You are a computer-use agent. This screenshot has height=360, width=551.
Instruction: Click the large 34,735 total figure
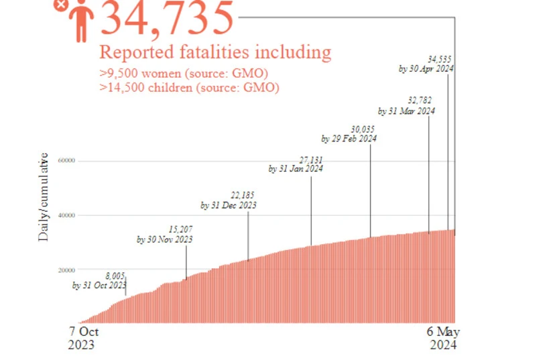(168, 18)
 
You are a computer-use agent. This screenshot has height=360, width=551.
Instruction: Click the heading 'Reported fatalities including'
(215, 52)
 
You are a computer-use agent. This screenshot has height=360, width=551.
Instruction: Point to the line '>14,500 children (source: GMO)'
(189, 87)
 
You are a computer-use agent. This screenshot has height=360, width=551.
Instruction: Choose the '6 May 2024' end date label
(444, 339)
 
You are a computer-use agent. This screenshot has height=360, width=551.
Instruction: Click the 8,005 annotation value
(115, 276)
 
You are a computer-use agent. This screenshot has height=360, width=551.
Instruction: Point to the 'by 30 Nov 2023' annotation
(165, 239)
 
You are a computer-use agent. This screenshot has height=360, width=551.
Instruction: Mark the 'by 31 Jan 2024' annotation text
(296, 170)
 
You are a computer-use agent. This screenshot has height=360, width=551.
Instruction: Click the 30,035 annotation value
(363, 129)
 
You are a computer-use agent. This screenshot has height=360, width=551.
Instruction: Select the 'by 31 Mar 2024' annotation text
(406, 111)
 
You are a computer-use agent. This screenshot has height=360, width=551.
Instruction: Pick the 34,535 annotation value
(440, 59)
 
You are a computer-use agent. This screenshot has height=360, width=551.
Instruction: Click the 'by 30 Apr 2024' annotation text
(426, 68)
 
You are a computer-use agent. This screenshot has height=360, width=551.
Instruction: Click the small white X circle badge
(60, 4)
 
